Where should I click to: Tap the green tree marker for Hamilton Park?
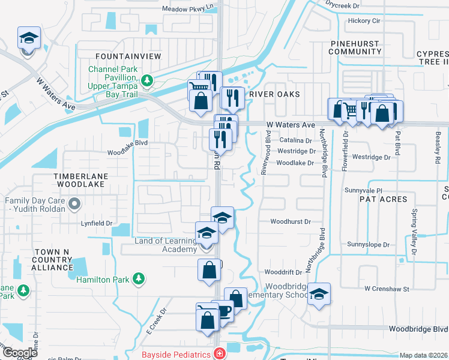(x=139, y=278)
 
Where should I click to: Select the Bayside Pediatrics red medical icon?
(x=221, y=355)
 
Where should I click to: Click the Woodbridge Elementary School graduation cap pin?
(x=319, y=294)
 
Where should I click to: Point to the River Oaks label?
(x=274, y=94)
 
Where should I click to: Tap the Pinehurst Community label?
(x=355, y=47)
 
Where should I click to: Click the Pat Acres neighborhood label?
(x=384, y=199)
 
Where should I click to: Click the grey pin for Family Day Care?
(x=74, y=205)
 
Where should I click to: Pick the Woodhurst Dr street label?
(x=291, y=221)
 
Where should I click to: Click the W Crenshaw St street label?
(x=386, y=289)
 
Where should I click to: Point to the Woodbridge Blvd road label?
(x=418, y=329)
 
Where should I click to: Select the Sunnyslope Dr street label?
(x=368, y=245)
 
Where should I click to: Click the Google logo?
(x=20, y=353)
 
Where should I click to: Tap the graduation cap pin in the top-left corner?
(x=29, y=39)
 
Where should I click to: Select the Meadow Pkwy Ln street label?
(x=188, y=8)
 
